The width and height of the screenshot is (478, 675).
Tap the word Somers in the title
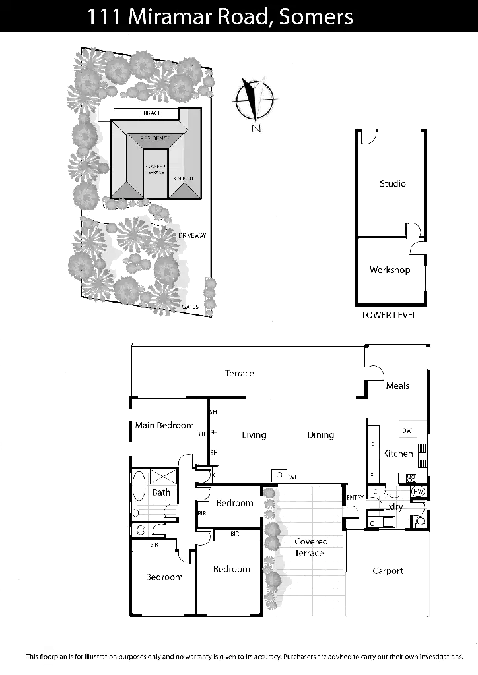[316, 18]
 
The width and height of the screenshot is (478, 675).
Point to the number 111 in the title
[104, 18]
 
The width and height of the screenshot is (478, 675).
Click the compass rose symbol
[256, 99]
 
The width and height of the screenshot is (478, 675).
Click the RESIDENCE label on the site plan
[154, 139]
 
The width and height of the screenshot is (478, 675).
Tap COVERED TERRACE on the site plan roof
[154, 169]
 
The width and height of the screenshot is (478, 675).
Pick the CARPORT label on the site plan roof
[184, 179]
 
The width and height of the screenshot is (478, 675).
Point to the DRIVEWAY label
[193, 235]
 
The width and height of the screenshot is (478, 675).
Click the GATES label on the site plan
[191, 307]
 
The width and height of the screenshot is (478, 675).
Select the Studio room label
[393, 184]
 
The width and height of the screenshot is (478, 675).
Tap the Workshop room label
[391, 270]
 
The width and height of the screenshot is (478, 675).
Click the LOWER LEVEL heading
[391, 315]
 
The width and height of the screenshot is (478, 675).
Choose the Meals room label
[399, 386]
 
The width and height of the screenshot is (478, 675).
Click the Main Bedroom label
[163, 426]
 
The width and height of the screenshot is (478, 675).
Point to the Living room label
[254, 435]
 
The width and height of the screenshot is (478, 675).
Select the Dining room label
[321, 435]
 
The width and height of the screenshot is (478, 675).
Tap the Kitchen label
[398, 454]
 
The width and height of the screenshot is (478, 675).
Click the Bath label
[162, 492]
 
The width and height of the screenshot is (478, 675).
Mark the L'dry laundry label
[393, 506]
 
